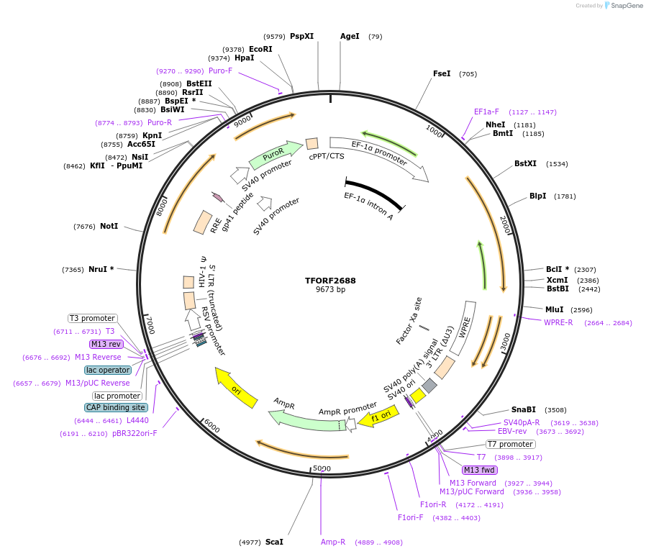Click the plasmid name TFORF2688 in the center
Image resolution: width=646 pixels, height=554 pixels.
pyautogui.click(x=330, y=281)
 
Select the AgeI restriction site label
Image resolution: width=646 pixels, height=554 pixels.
pyautogui.click(x=350, y=36)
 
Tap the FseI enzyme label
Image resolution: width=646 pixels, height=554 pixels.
pyautogui.click(x=442, y=73)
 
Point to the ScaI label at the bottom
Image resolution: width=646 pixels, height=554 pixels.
pyautogui.click(x=274, y=542)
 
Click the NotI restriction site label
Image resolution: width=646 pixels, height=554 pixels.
pyautogui.click(x=109, y=226)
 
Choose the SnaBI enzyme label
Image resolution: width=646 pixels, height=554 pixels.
pyautogui.click(x=524, y=409)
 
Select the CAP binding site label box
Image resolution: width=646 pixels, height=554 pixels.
pyautogui.click(x=116, y=407)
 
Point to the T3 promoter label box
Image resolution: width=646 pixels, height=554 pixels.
pyautogui.click(x=93, y=318)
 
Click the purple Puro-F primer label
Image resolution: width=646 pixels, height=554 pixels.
pyautogui.click(x=220, y=71)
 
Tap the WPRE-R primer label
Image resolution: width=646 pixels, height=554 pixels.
pyautogui.click(x=558, y=322)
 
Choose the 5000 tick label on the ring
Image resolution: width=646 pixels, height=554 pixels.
pyautogui.click(x=322, y=468)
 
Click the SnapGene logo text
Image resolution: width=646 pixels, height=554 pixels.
pyautogui.click(x=625, y=6)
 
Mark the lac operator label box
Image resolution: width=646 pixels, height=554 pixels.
pyautogui.click(x=108, y=370)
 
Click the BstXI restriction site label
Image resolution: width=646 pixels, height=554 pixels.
pyautogui.click(x=525, y=164)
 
